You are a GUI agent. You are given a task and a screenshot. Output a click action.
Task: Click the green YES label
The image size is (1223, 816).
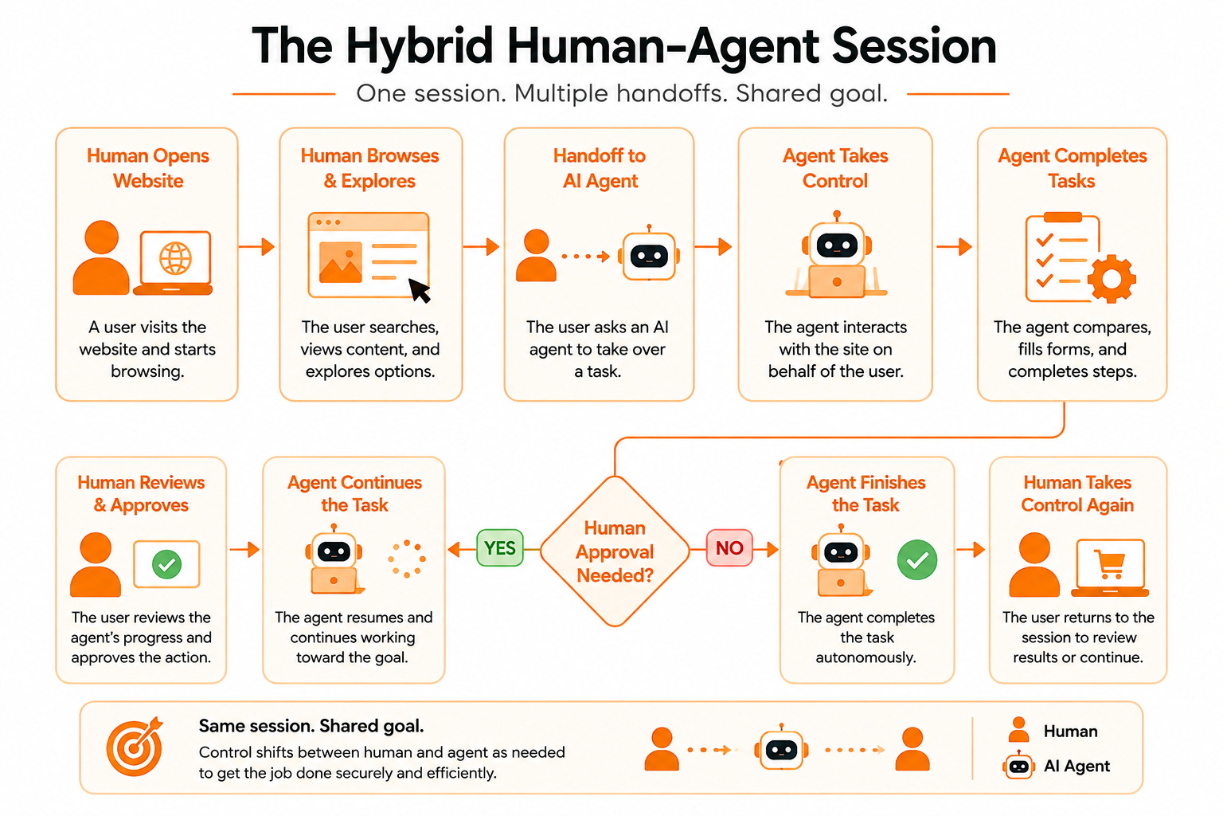click(499, 547)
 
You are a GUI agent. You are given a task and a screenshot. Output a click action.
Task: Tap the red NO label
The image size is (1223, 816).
click(729, 547)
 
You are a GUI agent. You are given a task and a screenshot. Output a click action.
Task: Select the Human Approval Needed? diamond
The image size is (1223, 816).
click(615, 551)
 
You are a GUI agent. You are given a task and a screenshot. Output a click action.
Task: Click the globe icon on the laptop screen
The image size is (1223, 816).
click(175, 258)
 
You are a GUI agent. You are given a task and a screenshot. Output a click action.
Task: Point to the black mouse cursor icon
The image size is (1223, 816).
click(420, 290)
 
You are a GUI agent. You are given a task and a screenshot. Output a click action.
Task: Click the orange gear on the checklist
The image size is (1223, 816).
click(1112, 279)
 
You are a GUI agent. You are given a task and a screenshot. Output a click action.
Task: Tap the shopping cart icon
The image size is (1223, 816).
click(1110, 563)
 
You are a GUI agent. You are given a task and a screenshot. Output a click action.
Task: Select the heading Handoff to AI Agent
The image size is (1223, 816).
click(600, 168)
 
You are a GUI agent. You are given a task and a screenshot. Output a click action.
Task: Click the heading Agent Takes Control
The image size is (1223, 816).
click(835, 168)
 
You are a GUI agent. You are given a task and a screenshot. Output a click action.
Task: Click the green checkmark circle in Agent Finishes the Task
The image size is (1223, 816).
click(917, 559)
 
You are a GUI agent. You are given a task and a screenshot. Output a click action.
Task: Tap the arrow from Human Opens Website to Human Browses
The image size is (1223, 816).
click(256, 246)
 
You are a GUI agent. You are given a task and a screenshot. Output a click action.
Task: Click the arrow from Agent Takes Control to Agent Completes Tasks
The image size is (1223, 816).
click(955, 246)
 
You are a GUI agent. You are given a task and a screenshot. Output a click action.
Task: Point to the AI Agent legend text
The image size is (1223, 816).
click(1076, 767)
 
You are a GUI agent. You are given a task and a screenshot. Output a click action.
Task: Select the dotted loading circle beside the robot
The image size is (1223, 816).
click(407, 559)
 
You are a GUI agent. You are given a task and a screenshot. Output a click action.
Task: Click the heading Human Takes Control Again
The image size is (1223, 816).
click(1077, 493)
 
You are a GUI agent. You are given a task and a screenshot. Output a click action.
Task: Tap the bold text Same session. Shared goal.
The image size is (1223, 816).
click(311, 726)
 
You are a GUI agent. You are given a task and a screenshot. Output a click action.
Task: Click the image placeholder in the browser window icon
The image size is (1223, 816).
click(340, 262)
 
